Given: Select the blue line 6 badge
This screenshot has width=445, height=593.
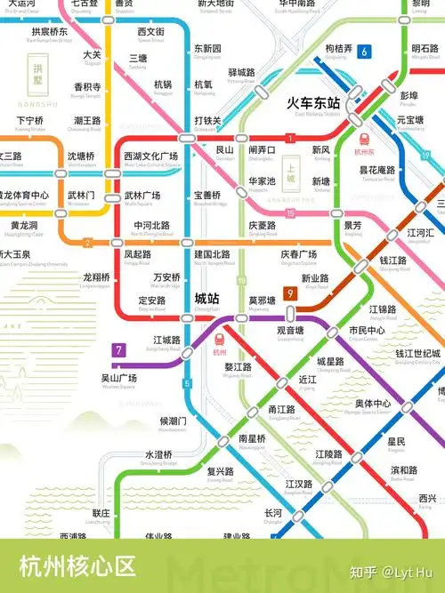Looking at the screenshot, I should coord(364,52).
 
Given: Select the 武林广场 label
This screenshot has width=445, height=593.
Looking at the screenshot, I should coord(142,196).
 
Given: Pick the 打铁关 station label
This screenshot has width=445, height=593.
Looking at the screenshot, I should coord(207,120).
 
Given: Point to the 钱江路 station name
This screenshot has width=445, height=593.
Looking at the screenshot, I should coord(393,260).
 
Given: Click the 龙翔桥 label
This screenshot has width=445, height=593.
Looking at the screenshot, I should coord(96,276).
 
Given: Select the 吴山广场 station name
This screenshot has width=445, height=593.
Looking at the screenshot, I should coord(119,378).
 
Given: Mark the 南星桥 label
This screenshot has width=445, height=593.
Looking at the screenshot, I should coord(253,438).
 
